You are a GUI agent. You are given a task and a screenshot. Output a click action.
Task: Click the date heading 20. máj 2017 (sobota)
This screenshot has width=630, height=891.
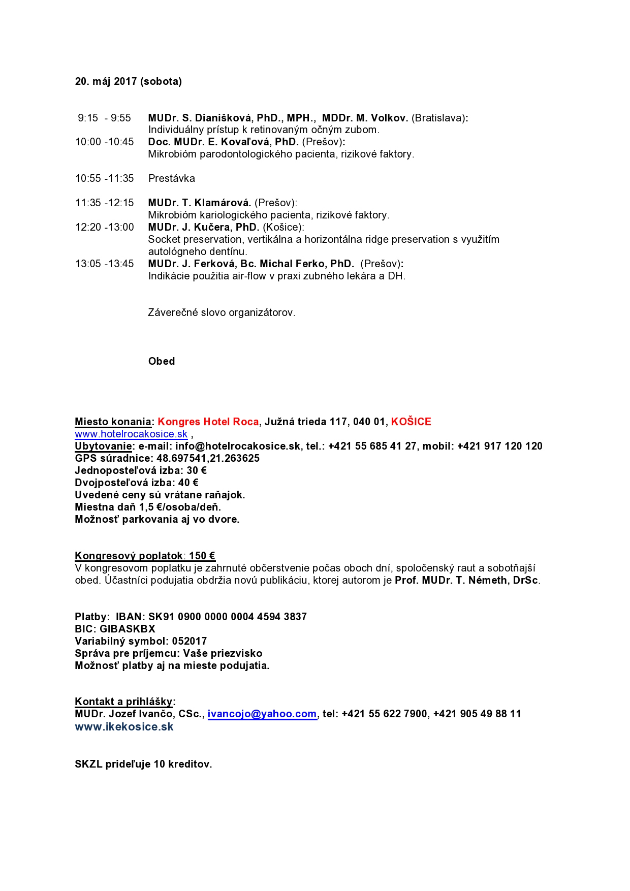[128, 81]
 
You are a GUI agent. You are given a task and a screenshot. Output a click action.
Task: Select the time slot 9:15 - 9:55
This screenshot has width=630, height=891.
[104, 118]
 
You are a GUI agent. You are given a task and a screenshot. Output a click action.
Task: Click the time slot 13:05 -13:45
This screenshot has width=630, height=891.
[105, 264]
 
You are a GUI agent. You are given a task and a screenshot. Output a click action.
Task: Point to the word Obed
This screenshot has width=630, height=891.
[162, 361]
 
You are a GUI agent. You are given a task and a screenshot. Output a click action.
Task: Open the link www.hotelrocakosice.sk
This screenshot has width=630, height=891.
[131, 434]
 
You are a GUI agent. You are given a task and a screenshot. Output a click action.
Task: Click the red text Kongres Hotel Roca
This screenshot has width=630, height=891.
[208, 422]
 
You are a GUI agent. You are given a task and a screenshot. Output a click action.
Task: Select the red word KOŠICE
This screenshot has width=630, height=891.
[411, 422]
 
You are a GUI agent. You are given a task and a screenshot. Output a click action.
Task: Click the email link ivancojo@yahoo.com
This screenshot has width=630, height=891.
[262, 714]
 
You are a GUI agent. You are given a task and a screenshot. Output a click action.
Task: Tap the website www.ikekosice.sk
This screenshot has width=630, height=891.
[124, 726]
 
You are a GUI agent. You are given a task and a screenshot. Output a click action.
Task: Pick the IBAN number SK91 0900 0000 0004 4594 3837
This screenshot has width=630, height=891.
[227, 617]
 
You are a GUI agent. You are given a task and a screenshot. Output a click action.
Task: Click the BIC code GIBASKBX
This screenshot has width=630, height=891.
[127, 629]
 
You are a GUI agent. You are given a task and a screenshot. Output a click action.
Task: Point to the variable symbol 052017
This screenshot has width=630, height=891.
[189, 641]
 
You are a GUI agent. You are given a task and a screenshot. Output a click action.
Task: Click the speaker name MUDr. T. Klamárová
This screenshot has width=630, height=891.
[200, 203]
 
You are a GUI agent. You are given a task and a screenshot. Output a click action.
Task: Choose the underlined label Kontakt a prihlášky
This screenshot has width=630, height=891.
[123, 702]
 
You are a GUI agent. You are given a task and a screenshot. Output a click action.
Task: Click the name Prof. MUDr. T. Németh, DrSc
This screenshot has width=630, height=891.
[467, 580]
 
